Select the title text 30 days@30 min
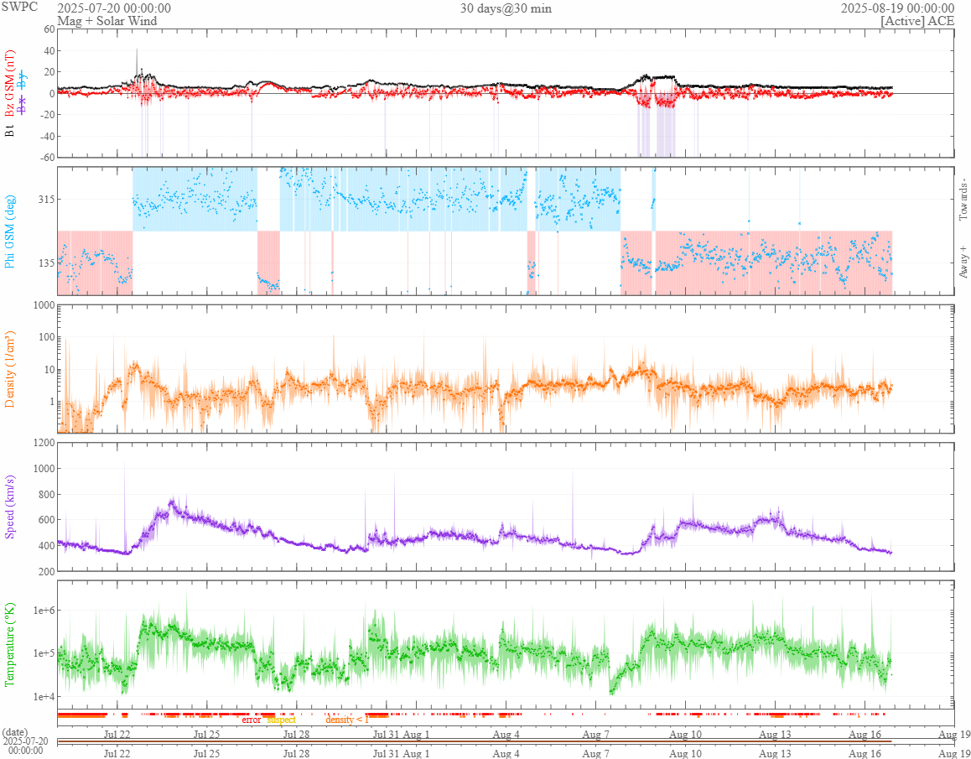click(506, 8)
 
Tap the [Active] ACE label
click(917, 20)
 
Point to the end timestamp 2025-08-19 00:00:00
click(897, 8)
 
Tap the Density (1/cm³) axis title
click(10, 369)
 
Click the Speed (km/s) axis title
click(10, 507)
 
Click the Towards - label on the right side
click(963, 200)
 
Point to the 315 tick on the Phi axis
click(44, 199)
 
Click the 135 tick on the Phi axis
click(44, 263)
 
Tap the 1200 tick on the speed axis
click(41, 442)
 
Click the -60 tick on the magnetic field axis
click(44, 157)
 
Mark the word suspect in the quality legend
click(281, 720)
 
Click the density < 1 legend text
click(346, 720)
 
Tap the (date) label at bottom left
click(15, 732)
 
